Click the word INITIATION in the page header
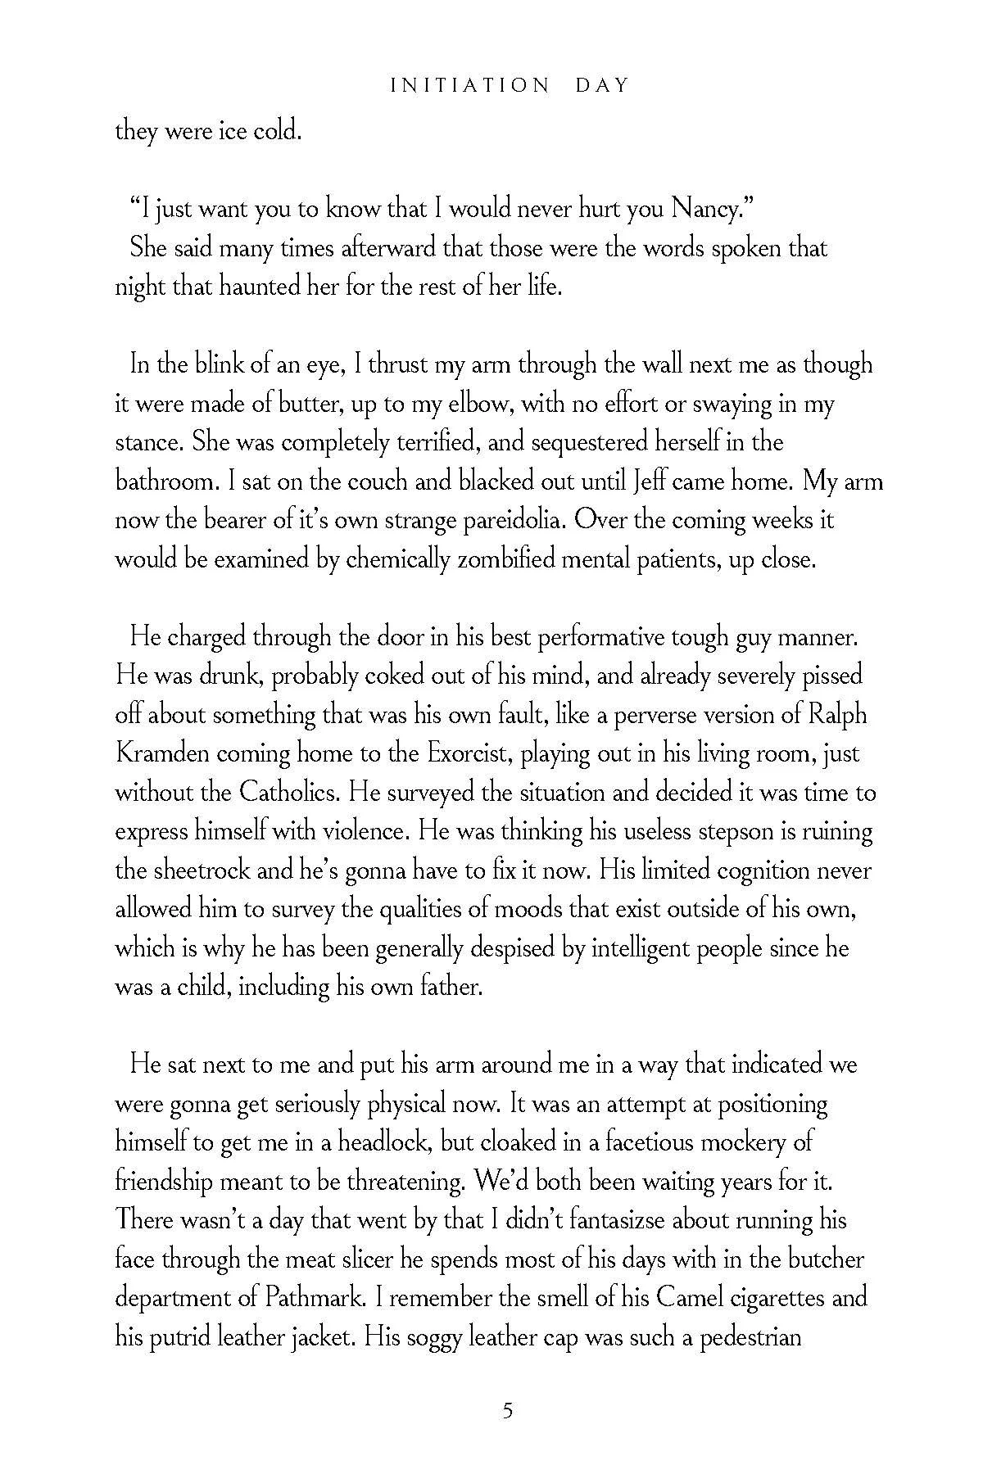(x=470, y=85)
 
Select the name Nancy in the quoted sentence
(x=705, y=210)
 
